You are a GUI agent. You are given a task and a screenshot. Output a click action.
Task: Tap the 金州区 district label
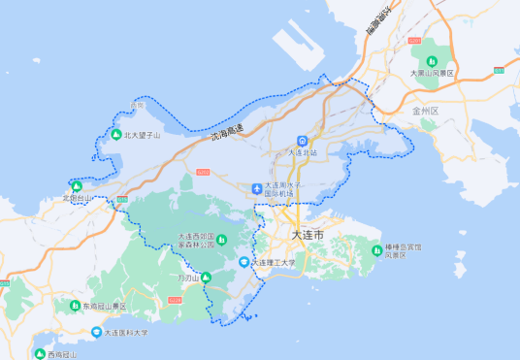coord(425,112)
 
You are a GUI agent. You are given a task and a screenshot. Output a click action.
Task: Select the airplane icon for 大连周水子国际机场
coord(256,188)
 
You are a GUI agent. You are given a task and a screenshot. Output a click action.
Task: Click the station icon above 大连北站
coord(303,141)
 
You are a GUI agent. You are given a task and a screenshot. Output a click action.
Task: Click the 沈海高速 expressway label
coord(229,132)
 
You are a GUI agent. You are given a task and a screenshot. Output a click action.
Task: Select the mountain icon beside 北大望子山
coord(115,135)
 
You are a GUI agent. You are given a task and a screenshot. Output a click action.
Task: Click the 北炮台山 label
coord(78,198)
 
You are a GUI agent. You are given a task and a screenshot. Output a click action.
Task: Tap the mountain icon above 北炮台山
coord(76,185)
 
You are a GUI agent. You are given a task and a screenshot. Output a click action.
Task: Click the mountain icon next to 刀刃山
coord(206,278)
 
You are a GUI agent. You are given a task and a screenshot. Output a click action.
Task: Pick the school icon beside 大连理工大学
coord(244,263)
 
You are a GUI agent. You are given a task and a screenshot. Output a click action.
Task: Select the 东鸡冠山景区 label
coord(104,306)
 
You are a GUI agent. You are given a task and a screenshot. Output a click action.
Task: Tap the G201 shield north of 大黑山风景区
coord(415,41)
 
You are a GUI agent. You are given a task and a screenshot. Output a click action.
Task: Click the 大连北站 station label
coord(303,153)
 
